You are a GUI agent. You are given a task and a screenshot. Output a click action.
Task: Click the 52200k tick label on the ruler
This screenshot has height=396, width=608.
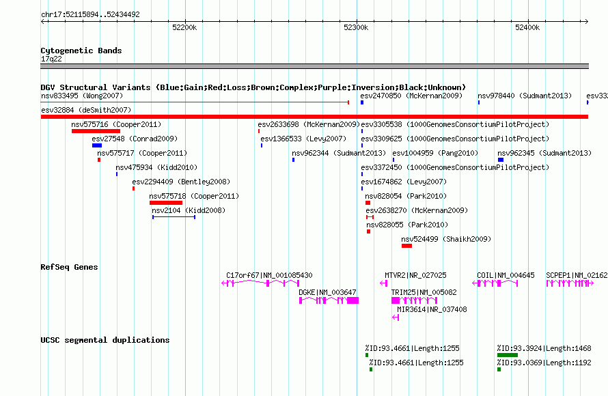tap(184, 27)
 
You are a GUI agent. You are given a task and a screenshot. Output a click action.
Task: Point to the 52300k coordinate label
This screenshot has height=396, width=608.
tap(356, 27)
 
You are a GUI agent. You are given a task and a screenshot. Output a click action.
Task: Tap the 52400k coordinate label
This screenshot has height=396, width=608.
tap(527, 27)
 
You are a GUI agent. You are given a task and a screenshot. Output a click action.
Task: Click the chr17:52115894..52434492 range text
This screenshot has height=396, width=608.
tap(90, 15)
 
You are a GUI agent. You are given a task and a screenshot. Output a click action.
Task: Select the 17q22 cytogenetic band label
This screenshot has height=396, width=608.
tap(51, 59)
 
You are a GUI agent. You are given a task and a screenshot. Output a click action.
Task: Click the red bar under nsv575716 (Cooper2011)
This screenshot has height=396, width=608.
tap(96, 131)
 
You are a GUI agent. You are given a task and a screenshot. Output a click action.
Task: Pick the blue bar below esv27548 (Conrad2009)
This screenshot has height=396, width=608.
tap(97, 145)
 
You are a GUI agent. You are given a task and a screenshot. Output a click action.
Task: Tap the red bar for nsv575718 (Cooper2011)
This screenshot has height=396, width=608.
tap(166, 203)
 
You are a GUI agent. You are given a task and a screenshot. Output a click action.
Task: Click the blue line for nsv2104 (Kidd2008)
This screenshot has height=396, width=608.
tap(174, 217)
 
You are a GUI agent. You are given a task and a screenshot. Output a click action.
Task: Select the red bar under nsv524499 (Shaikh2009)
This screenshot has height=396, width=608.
tap(406, 246)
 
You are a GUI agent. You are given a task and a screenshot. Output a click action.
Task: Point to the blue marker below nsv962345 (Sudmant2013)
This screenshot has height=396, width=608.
tap(501, 160)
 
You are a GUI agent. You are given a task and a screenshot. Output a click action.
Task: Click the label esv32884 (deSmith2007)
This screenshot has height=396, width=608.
tap(86, 110)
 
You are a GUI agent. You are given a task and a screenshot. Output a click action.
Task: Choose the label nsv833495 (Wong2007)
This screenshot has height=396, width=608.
tap(82, 96)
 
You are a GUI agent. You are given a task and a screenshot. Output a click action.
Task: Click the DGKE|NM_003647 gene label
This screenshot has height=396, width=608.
tap(327, 292)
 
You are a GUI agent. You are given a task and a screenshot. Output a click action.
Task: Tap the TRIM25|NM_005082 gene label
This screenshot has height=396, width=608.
tap(424, 292)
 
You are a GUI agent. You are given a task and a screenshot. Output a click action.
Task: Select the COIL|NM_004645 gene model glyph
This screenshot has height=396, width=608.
tap(495, 283)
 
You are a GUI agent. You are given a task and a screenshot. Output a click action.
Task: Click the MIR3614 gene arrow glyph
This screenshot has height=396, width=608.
tap(396, 317)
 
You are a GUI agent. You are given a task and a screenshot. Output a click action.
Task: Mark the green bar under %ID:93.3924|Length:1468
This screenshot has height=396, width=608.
tap(508, 355)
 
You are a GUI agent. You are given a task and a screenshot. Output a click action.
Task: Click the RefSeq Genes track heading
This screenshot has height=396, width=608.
tap(70, 267)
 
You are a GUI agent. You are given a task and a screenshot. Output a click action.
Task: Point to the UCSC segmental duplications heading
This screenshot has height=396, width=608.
tap(105, 340)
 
